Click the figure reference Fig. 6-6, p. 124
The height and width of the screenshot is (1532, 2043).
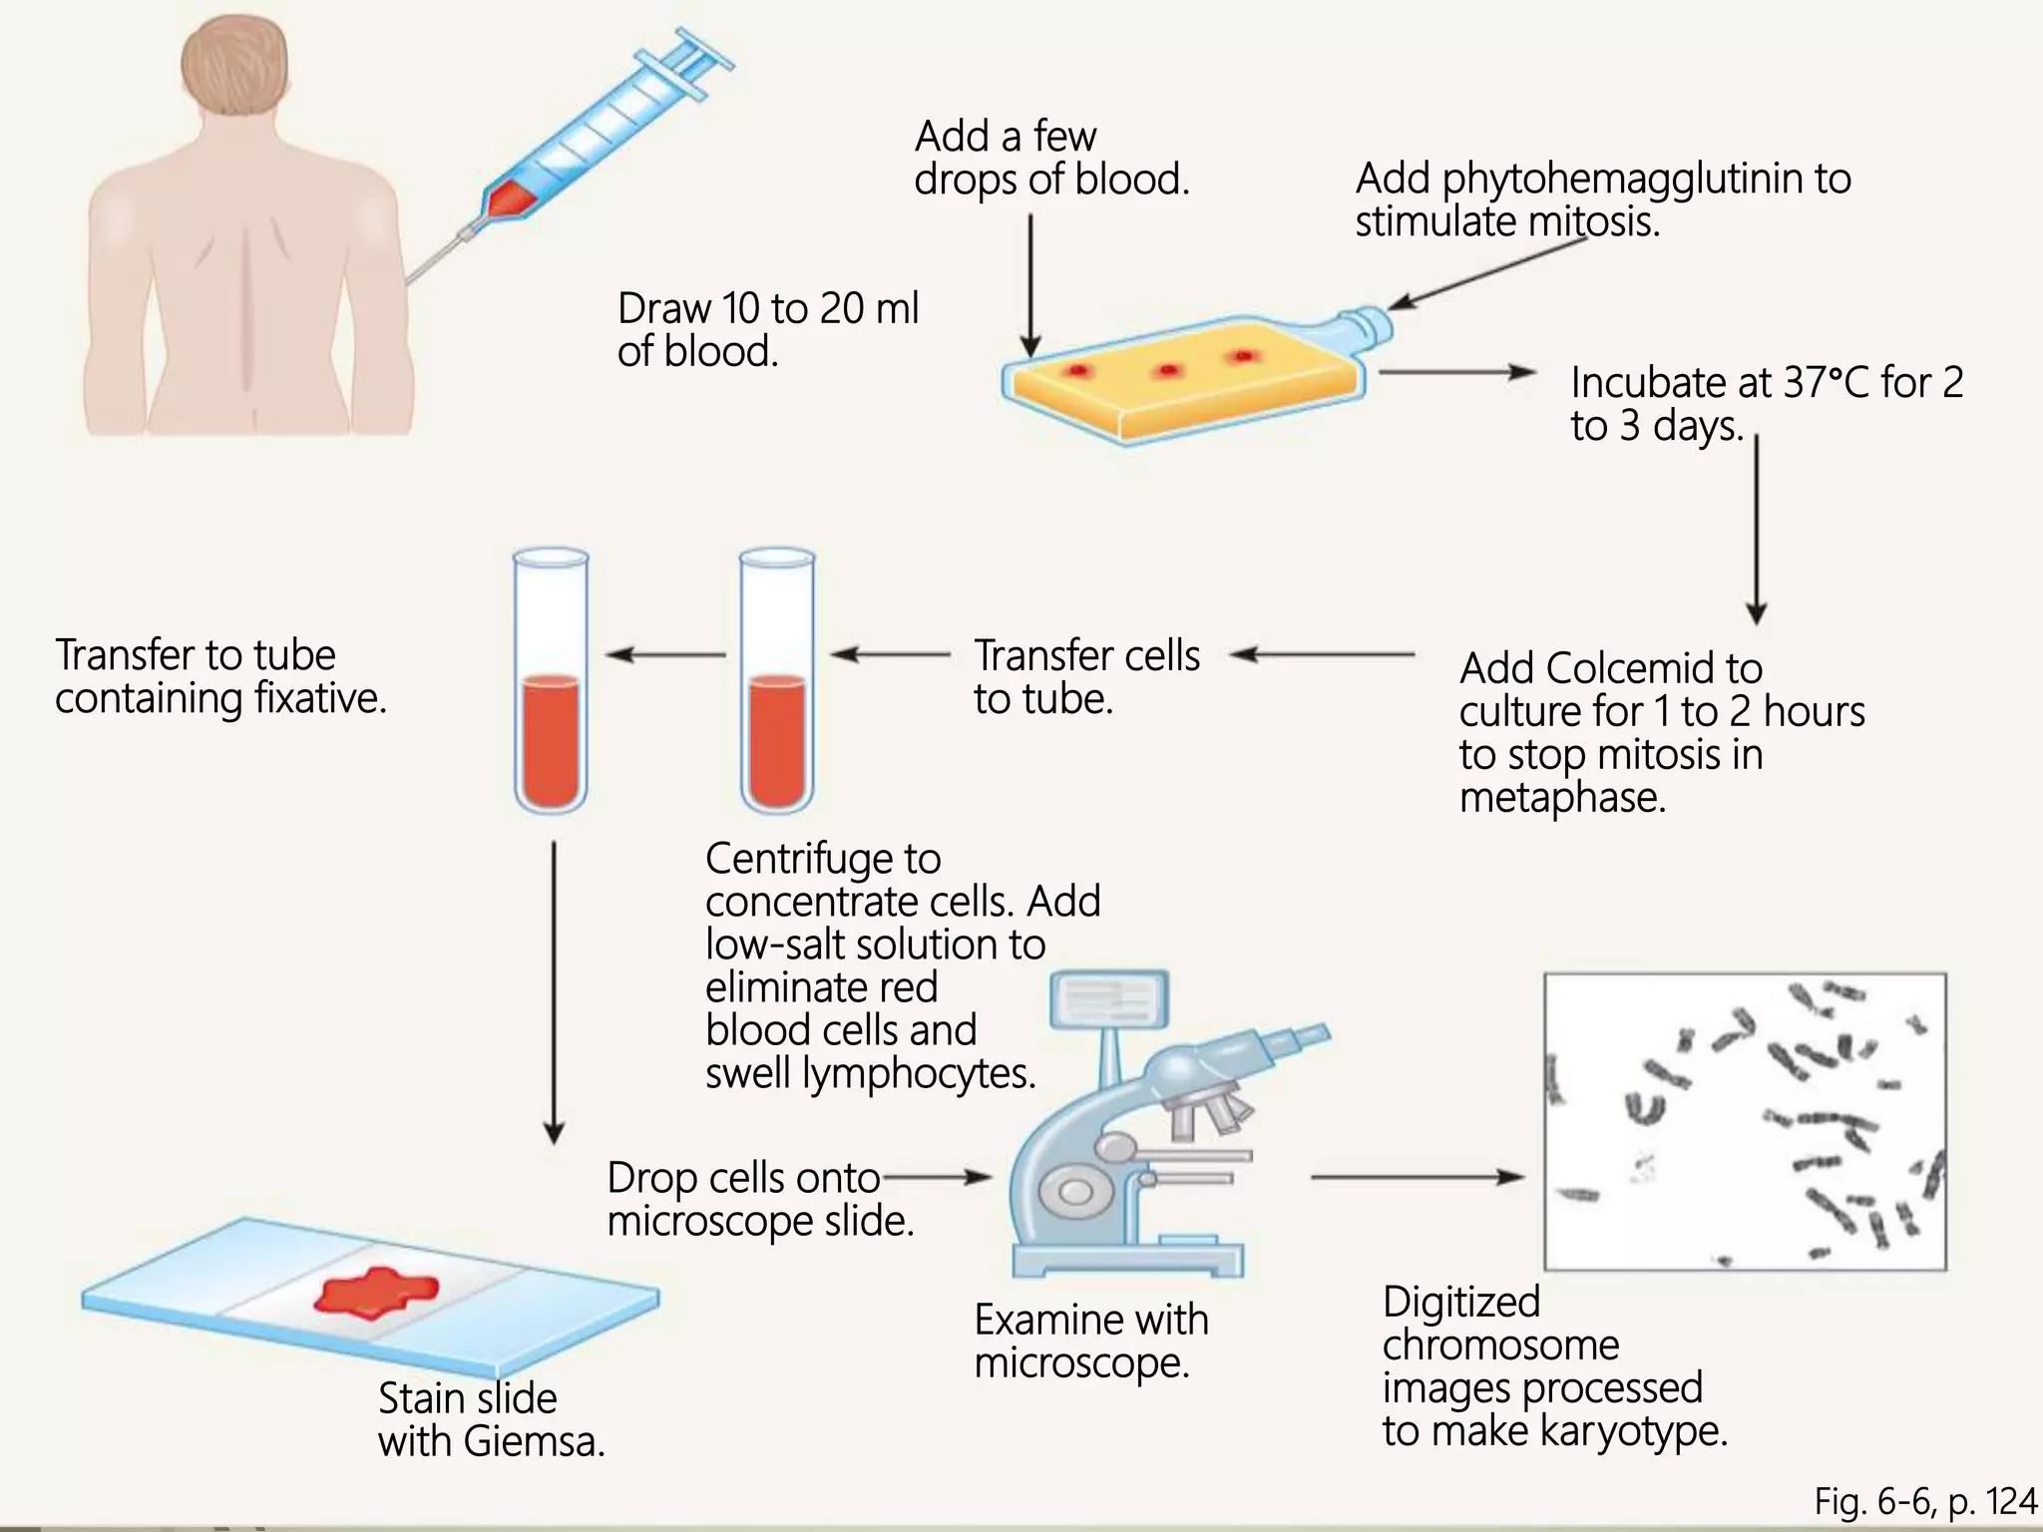(1925, 1501)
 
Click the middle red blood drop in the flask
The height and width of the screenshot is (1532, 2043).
(1167, 371)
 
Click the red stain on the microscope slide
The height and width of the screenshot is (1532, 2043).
(375, 1291)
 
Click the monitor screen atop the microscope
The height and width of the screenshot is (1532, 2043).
(1109, 997)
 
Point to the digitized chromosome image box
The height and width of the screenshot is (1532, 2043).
(1745, 1121)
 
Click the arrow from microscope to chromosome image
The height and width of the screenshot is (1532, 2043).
(1417, 1178)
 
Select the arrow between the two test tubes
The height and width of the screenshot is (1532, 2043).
(665, 655)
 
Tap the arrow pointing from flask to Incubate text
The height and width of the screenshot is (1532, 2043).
(1457, 373)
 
